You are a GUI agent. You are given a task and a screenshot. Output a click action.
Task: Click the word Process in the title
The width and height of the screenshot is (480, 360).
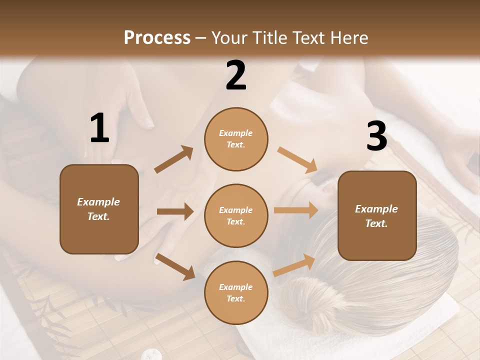click(x=157, y=37)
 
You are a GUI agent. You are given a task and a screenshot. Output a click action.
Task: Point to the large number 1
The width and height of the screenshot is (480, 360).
click(x=99, y=128)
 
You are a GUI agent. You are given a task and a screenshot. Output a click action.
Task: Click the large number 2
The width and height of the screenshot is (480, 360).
click(x=236, y=76)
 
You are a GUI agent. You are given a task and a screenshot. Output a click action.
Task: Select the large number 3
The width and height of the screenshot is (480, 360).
click(x=376, y=136)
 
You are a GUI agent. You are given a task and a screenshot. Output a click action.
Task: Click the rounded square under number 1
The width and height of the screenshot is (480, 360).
click(x=99, y=209)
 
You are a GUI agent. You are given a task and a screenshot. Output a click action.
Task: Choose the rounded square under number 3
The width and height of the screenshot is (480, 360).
click(x=377, y=215)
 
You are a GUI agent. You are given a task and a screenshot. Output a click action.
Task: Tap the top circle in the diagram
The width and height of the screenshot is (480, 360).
click(x=236, y=139)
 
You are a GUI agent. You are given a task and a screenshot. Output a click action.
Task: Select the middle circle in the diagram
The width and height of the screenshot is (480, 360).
click(x=236, y=215)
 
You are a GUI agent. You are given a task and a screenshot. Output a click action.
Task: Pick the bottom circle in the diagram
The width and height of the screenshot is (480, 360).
click(x=236, y=292)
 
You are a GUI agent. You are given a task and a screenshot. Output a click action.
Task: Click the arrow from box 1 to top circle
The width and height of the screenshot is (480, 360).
click(x=174, y=159)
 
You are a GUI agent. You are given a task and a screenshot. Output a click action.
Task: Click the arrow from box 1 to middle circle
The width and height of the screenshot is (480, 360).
click(x=175, y=211)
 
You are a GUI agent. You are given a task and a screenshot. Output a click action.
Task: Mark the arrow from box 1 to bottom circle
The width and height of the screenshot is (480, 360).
click(x=175, y=266)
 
